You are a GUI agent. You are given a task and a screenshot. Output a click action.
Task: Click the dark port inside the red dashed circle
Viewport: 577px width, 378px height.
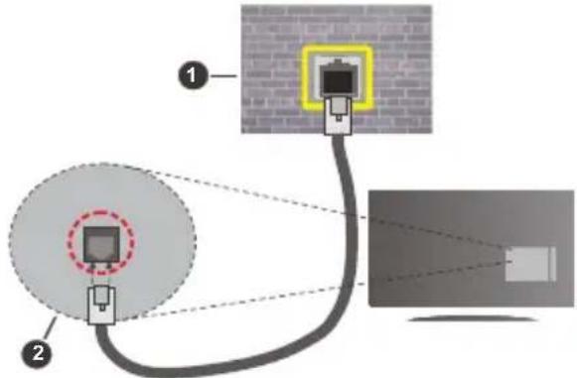99,243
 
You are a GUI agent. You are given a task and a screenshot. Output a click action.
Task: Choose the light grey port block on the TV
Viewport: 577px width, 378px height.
525,264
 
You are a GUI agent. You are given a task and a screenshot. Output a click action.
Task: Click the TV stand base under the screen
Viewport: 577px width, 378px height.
467,319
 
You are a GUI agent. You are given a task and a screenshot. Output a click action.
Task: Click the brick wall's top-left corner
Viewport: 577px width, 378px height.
245,8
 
